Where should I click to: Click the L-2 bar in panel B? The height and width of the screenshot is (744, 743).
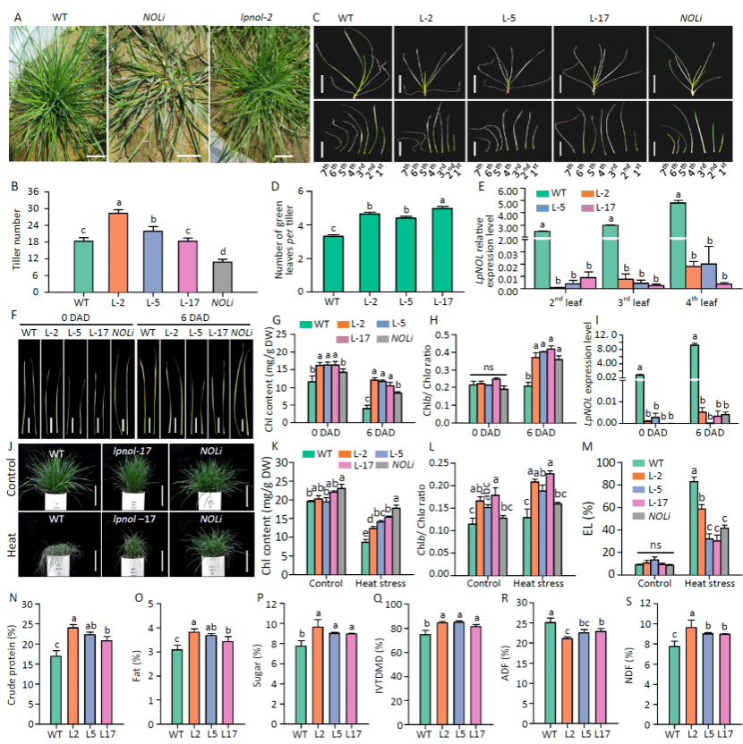[117, 252]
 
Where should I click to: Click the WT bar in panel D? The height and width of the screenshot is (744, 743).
[332, 264]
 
